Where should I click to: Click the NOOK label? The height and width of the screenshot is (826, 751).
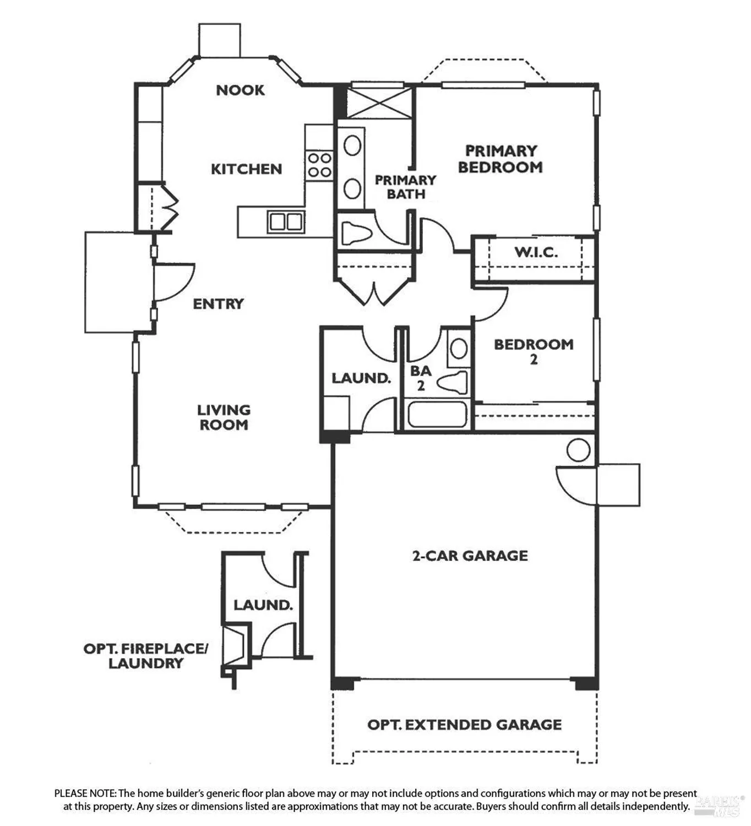tap(240, 90)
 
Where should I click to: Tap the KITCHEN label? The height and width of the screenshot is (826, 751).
tap(246, 169)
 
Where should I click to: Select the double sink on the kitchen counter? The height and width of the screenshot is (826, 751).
tap(286, 222)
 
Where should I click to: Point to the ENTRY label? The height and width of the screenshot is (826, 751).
tap(218, 304)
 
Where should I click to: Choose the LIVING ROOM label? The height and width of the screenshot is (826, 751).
tap(224, 417)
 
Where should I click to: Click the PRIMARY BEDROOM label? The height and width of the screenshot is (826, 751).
tap(500, 159)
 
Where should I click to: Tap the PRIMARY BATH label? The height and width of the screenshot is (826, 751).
tap(405, 187)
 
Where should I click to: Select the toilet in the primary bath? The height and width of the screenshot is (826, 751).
tap(356, 233)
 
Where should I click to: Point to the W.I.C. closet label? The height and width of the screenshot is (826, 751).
tap(536, 253)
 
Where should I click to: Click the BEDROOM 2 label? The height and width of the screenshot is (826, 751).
tap(533, 351)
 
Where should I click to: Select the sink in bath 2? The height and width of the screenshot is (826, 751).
tap(459, 349)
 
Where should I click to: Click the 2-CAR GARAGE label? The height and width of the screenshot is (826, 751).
tap(470, 556)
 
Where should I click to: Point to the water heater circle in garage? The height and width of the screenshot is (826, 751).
tap(578, 450)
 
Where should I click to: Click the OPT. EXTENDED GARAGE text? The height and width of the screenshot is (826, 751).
tap(464, 725)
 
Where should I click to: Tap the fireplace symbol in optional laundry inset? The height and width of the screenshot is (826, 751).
tap(235, 645)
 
